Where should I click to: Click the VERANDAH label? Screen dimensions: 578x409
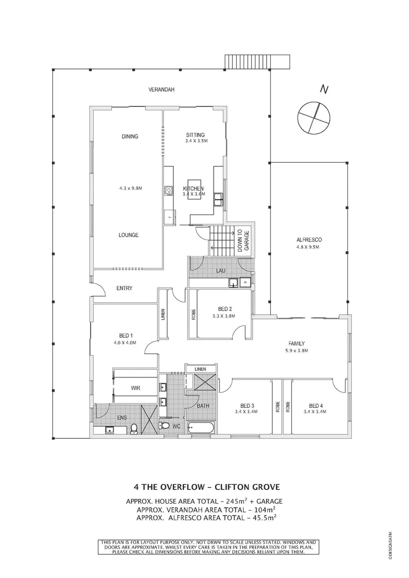(x=162, y=89)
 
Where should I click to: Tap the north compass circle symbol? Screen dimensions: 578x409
(x=312, y=117)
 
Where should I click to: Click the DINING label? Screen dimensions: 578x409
(x=130, y=136)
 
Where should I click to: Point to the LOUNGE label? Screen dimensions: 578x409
(x=129, y=235)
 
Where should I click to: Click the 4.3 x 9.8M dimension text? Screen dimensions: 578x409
(x=130, y=188)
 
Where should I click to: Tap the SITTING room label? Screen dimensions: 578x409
(x=195, y=135)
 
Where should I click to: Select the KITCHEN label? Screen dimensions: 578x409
(x=193, y=189)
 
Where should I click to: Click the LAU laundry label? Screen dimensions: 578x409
(x=220, y=271)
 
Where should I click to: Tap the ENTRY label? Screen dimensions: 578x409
(x=124, y=288)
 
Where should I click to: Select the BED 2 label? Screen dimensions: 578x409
(x=225, y=309)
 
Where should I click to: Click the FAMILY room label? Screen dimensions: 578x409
(x=296, y=344)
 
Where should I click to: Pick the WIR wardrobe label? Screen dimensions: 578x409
(x=135, y=387)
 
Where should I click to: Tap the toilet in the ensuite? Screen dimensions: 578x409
(x=134, y=427)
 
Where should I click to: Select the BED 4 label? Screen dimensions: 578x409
(x=316, y=405)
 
